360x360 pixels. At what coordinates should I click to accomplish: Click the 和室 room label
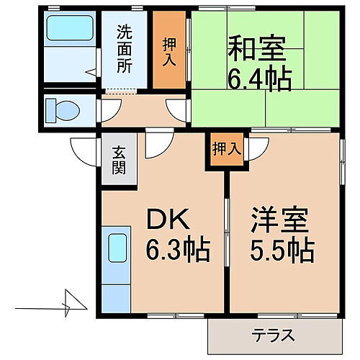tap(257, 51)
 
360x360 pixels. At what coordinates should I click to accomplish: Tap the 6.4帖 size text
tap(260, 78)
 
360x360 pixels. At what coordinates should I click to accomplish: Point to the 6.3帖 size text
tap(179, 250)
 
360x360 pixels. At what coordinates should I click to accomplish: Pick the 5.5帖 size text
tap(282, 250)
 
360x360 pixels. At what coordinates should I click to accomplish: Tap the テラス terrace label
tap(274, 336)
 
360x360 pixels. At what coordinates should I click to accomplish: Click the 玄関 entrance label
tap(118, 165)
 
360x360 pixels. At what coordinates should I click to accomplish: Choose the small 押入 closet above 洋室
tap(225, 149)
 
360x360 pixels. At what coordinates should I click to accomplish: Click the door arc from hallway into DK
tap(155, 145)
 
